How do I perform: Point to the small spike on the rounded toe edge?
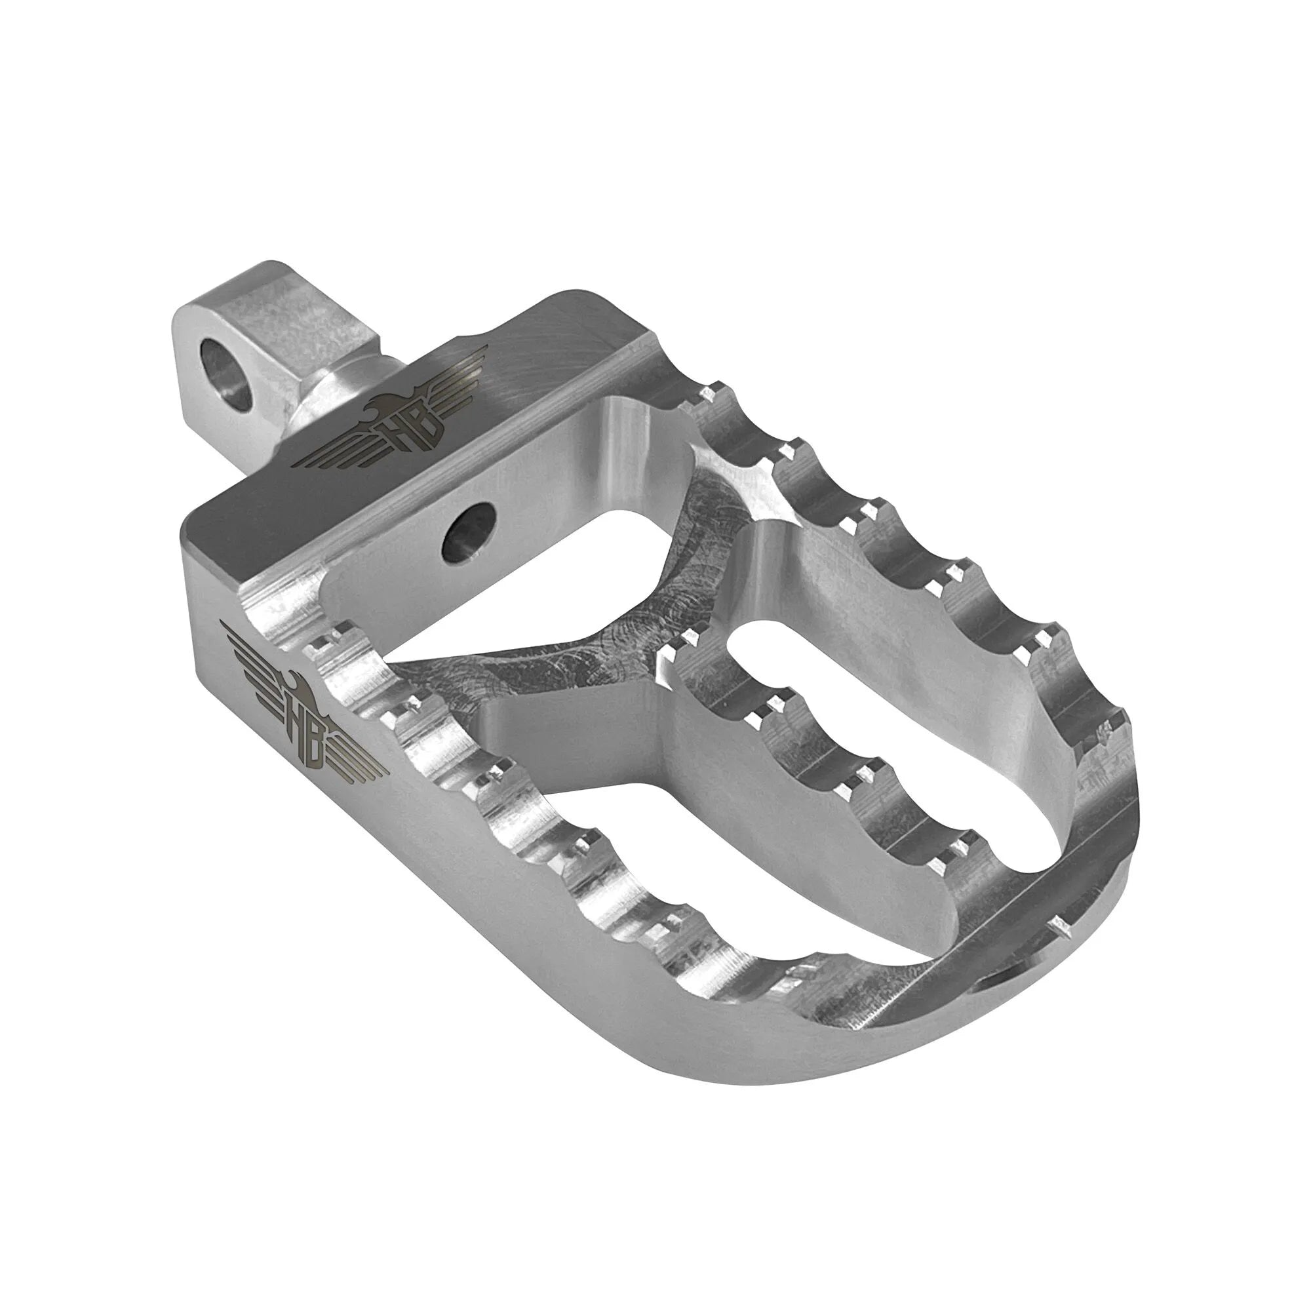pyautogui.click(x=1057, y=925)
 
